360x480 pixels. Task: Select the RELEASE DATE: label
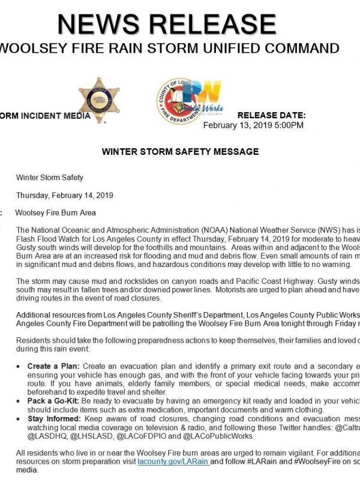click(272, 115)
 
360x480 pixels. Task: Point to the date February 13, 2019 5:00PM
click(253, 125)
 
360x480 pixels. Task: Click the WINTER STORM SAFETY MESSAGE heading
click(180, 152)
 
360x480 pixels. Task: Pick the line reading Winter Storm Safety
click(50, 178)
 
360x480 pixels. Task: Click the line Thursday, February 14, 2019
click(65, 195)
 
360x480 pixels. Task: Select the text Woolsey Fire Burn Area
click(55, 212)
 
